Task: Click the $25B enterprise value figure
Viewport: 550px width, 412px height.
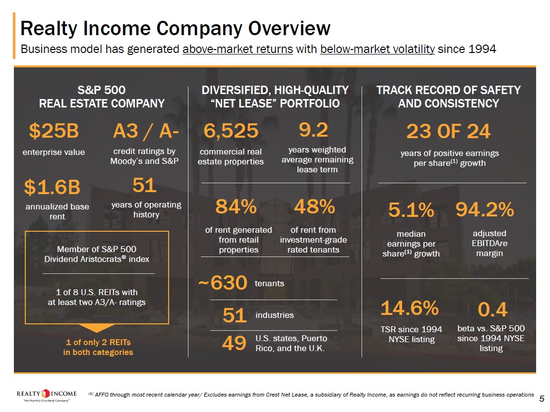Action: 54,131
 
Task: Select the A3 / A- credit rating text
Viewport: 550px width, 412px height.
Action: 146,131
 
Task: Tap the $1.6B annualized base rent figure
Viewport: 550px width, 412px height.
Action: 52,187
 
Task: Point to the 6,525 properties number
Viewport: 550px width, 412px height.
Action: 231,131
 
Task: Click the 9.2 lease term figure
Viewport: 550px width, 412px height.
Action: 313,130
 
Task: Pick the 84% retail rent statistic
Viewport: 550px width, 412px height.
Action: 236,207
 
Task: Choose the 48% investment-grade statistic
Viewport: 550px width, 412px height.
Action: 314,207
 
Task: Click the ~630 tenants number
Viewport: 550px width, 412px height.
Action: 222,284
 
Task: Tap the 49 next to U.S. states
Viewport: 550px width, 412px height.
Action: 234,343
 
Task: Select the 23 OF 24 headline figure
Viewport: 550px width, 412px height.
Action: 448,131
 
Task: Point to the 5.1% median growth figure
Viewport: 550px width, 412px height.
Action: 411,210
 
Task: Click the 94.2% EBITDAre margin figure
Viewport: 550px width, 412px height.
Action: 485,210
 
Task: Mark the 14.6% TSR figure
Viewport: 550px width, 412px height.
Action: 409,308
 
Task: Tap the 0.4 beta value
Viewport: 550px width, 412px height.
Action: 492,310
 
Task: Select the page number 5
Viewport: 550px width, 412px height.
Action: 542,399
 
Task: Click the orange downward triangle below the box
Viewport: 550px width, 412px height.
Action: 98,328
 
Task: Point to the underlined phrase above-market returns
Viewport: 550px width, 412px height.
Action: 238,50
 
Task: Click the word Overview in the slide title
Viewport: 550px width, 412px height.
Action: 289,28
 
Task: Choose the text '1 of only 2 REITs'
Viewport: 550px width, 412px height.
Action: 98,342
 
